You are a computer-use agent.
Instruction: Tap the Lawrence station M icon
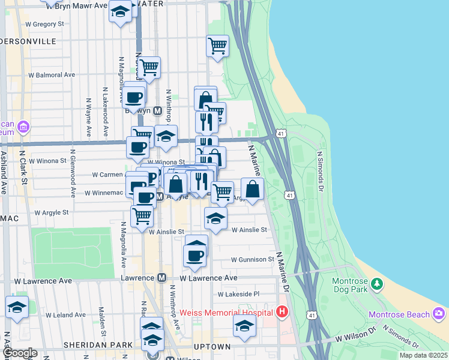(x=161, y=278)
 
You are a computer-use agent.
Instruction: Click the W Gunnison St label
(x=252, y=260)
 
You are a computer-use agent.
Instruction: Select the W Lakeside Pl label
(x=238, y=295)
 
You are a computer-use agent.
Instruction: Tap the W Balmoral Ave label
(x=52, y=75)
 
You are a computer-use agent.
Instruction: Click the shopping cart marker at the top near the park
(x=217, y=45)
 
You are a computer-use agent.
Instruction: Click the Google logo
(x=19, y=353)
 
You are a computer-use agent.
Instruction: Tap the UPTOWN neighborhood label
(x=212, y=347)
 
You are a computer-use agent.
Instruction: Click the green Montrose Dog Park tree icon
(x=376, y=283)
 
